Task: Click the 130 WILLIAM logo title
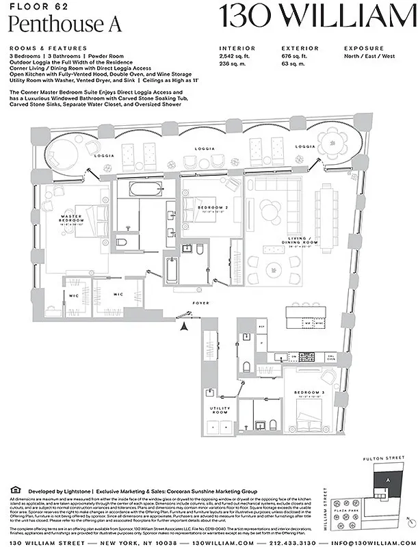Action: coord(317,16)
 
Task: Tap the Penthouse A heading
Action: coord(66,24)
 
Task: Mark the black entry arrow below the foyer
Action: coord(183,325)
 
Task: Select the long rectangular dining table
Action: coord(326,213)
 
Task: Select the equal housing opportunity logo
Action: coord(16,490)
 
